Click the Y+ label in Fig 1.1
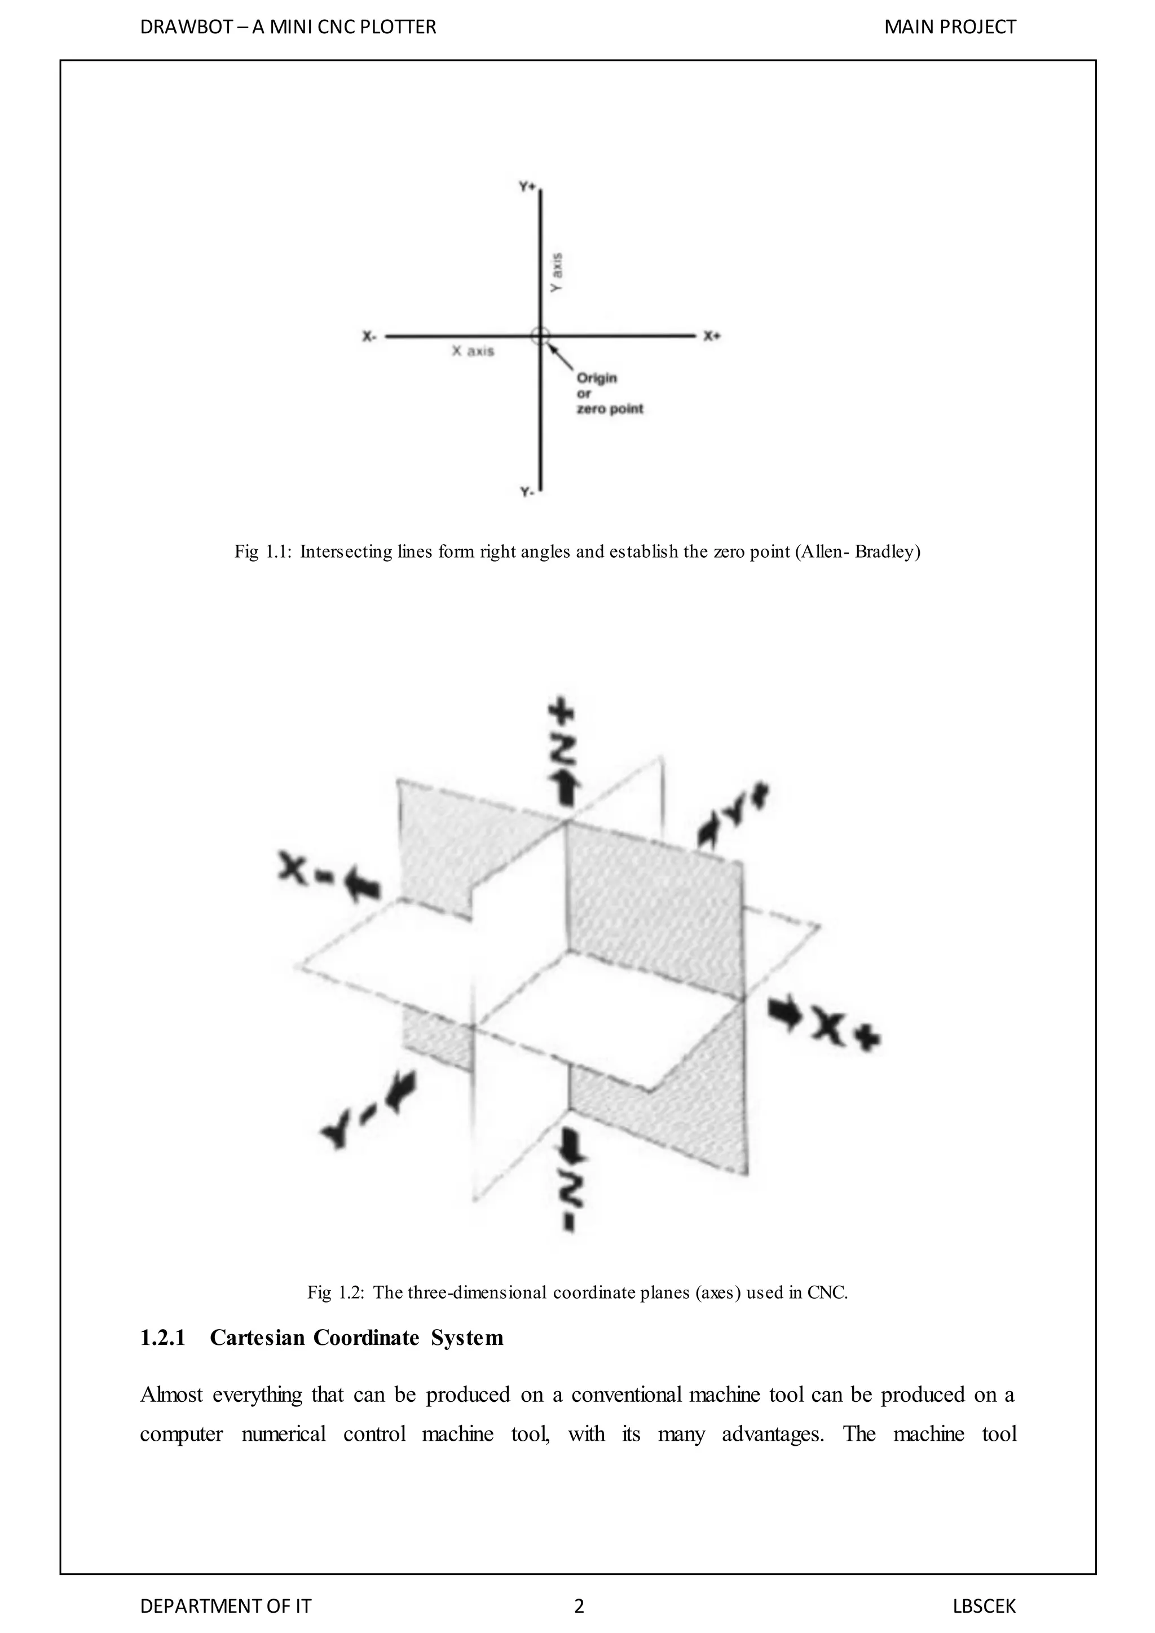click(x=527, y=186)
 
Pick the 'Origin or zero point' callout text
click(x=609, y=394)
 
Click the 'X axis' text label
click(x=473, y=351)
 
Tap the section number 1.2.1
click(x=163, y=1338)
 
